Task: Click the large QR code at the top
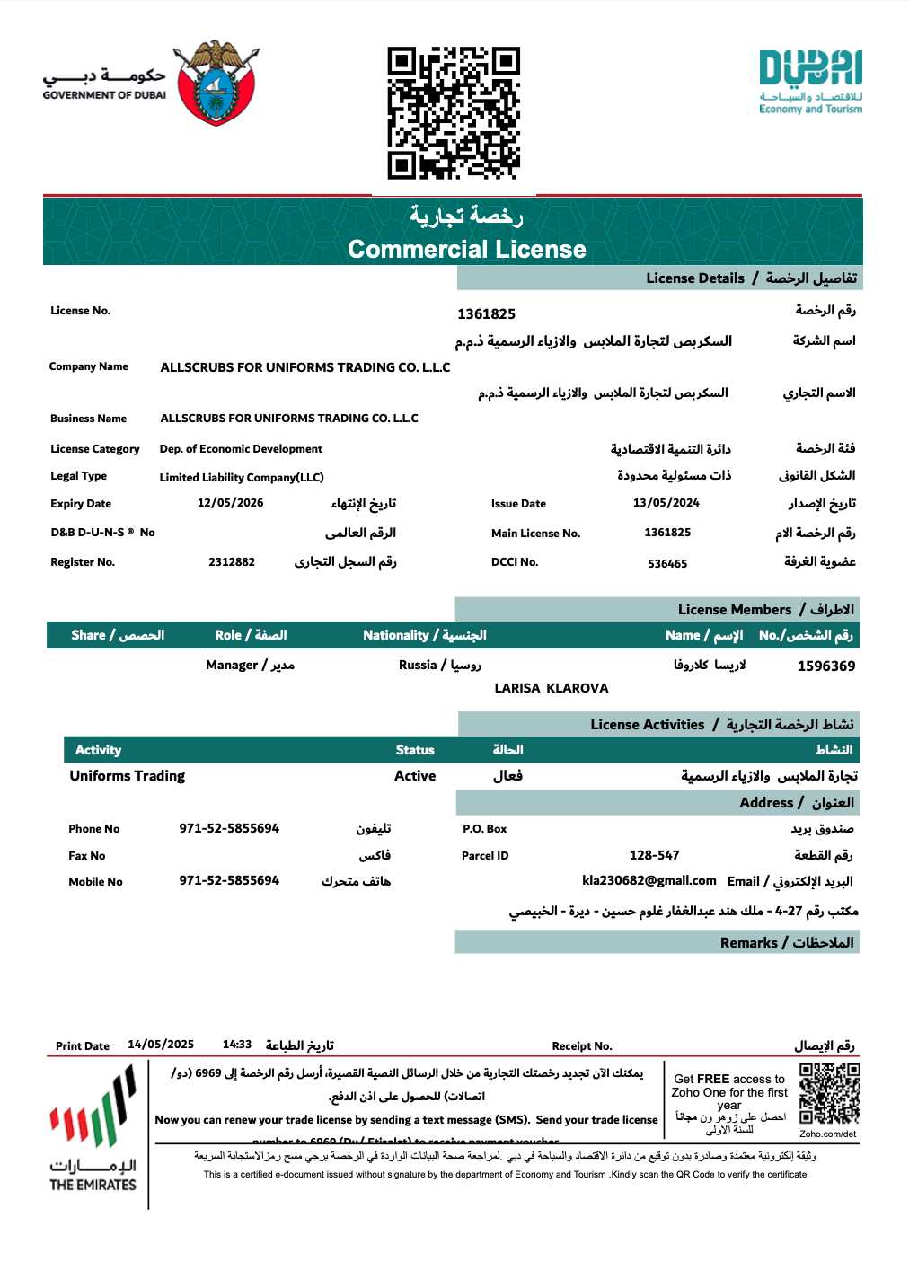[454, 113]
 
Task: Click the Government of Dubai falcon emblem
[216, 84]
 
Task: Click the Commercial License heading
[466, 249]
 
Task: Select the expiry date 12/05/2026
[231, 503]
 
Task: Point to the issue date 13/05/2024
[666, 503]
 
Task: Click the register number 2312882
[232, 562]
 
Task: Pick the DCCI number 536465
[667, 564]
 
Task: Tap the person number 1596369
[825, 666]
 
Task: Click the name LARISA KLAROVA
[552, 688]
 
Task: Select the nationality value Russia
[418, 665]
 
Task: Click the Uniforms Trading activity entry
[128, 776]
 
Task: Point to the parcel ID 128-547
[654, 855]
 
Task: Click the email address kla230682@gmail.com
[649, 881]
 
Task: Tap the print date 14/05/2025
[161, 1045]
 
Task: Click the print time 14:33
[237, 1045]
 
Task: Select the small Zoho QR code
[829, 1094]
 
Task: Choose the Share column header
[118, 635]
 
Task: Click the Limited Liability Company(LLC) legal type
[242, 478]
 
